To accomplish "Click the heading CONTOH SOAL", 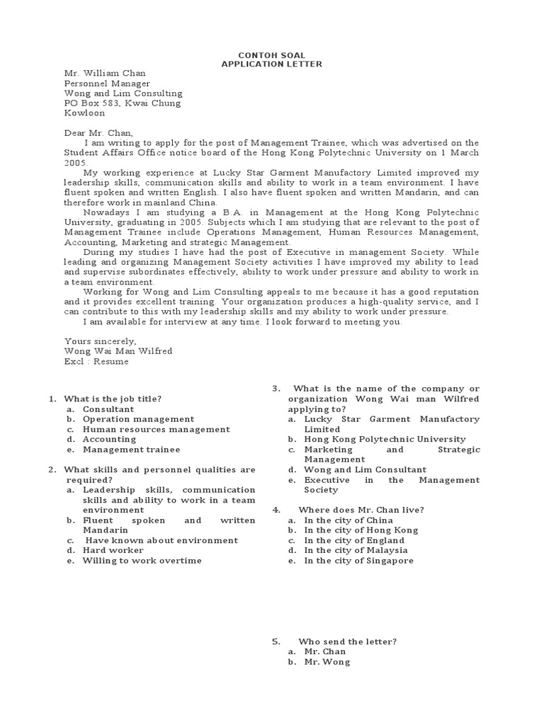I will pyautogui.click(x=272, y=54).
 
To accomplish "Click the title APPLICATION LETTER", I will pyautogui.click(x=272, y=64).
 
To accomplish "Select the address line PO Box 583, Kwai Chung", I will pyautogui.click(x=123, y=103).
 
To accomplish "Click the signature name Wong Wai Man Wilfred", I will pyautogui.click(x=118, y=351).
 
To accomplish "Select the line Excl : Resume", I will pyautogui.click(x=96, y=361).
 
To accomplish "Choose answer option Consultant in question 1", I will pyautogui.click(x=108, y=409).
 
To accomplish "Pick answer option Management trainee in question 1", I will pyautogui.click(x=131, y=449).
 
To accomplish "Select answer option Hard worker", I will pyautogui.click(x=113, y=550).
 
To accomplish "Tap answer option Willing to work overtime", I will pyautogui.click(x=142, y=560).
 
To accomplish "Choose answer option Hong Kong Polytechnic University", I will pyautogui.click(x=385, y=439).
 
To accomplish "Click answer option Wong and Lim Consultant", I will pyautogui.click(x=365, y=469).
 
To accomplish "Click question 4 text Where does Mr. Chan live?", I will pyautogui.click(x=361, y=510).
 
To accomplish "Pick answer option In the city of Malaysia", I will pyautogui.click(x=356, y=550).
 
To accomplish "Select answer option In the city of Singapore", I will pyautogui.click(x=358, y=561).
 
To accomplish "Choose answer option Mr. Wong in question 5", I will pyautogui.click(x=327, y=662).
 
